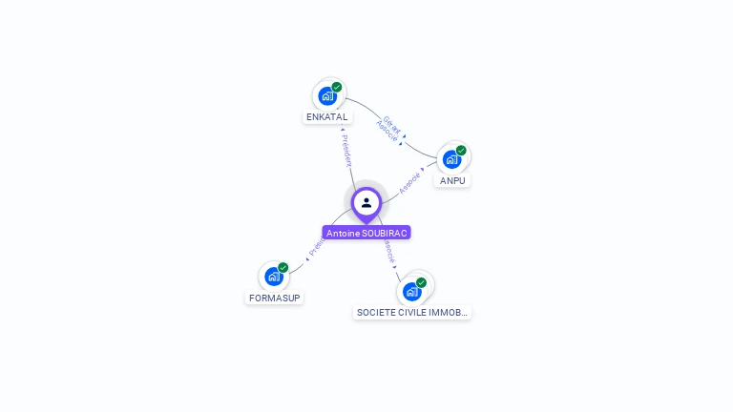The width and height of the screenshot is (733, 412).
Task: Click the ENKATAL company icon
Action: point(328,95)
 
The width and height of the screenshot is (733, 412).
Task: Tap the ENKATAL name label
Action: point(327,117)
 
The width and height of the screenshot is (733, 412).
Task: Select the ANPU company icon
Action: point(451,158)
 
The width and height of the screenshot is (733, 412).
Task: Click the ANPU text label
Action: point(452,180)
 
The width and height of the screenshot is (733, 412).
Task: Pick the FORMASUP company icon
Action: point(274,277)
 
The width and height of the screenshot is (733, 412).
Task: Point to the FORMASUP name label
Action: point(275,298)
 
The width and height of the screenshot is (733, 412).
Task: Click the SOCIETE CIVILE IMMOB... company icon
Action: point(411,290)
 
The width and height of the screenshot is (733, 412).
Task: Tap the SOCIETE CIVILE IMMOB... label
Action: point(412,312)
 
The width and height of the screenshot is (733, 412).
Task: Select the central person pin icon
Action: point(366,203)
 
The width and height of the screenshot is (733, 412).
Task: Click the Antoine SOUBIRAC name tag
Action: point(366,233)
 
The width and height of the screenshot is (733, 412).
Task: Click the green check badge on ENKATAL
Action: point(337,87)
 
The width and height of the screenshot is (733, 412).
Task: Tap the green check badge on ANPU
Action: point(461,150)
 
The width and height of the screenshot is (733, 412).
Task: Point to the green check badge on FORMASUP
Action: point(283,268)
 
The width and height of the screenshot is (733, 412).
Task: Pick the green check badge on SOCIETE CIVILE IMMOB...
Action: point(421,282)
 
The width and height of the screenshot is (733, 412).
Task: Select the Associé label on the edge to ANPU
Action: point(409,182)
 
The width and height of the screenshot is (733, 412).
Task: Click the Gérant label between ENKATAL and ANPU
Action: point(392,123)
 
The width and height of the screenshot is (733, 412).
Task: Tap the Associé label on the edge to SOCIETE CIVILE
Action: point(388,252)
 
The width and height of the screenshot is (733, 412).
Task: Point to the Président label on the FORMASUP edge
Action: point(316,249)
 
